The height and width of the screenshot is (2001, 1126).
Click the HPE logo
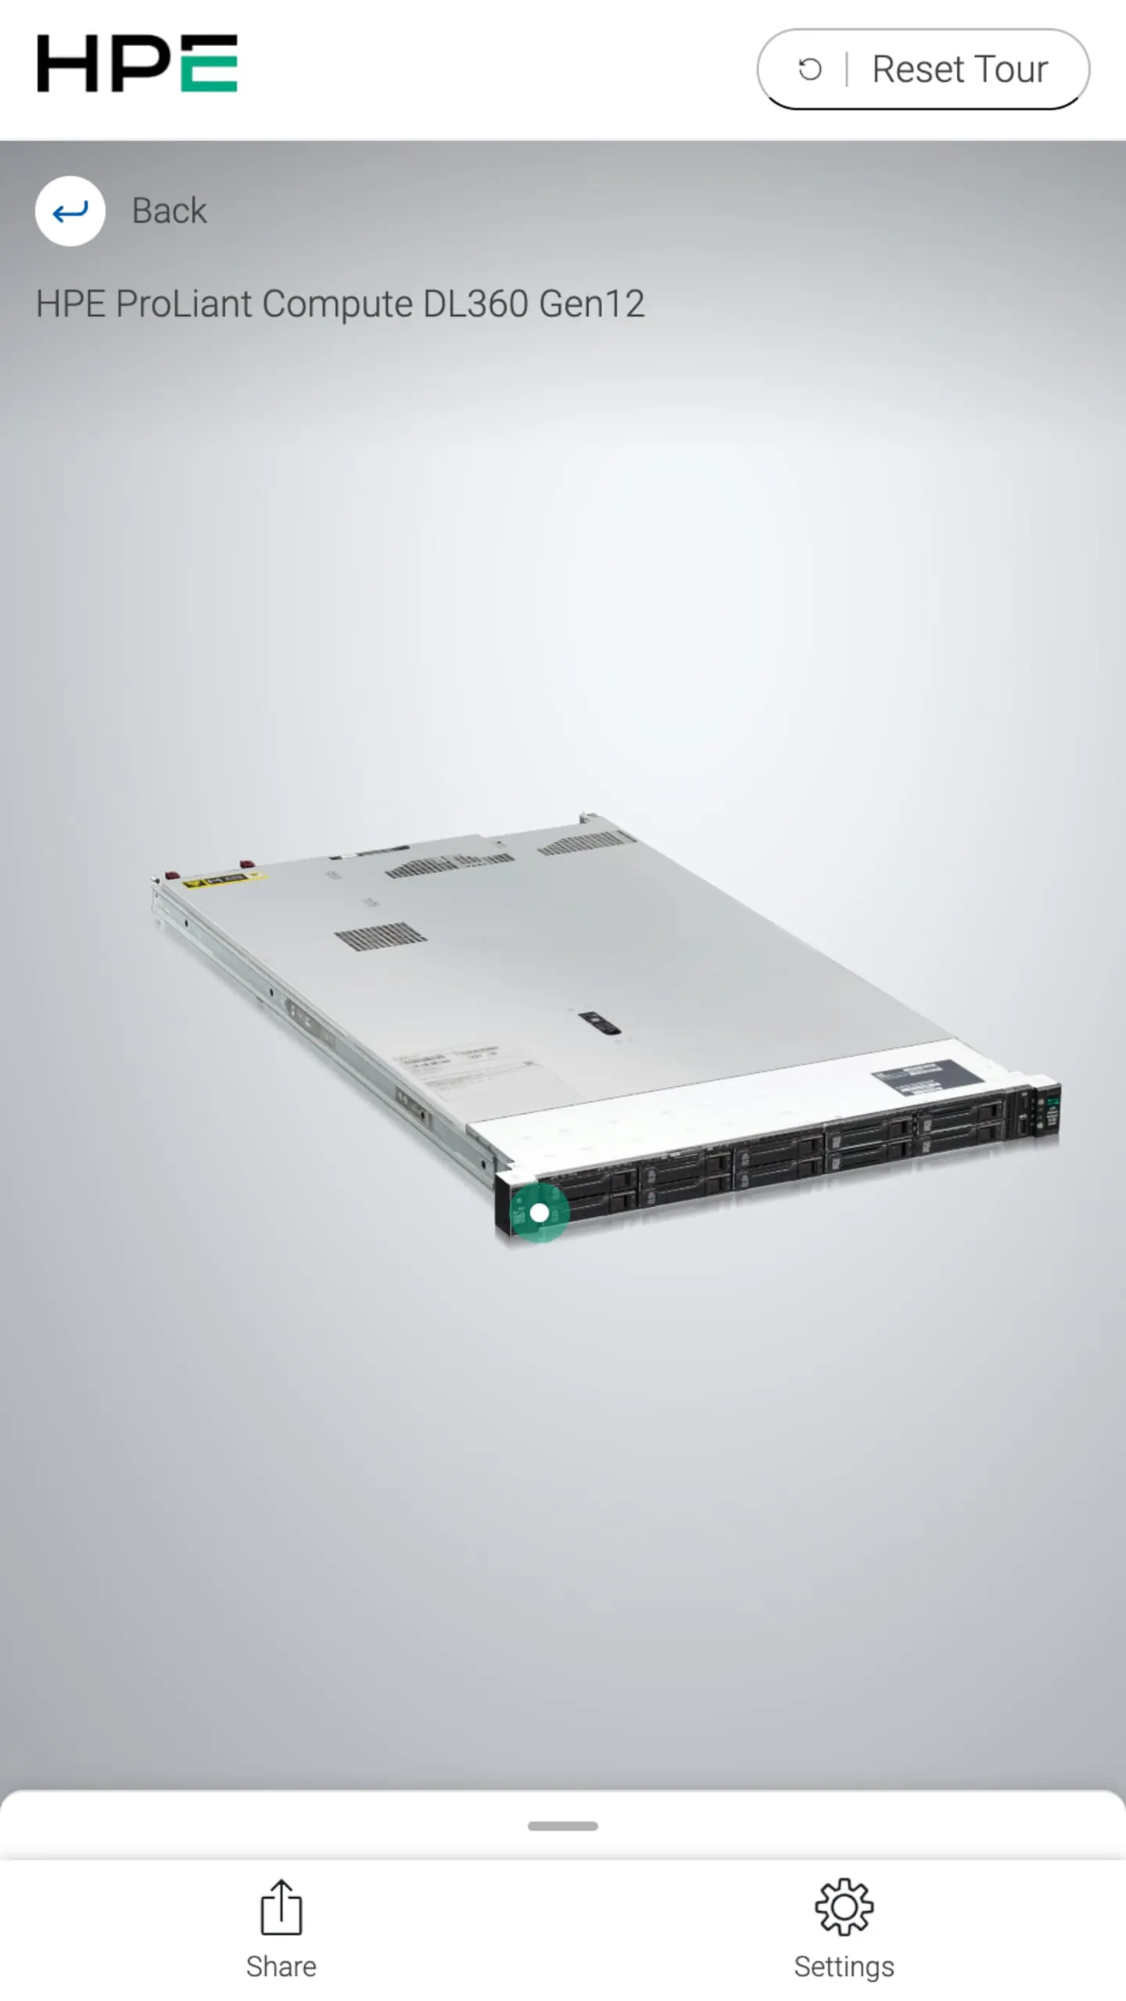point(137,63)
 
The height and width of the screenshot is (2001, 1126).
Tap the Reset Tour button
point(923,69)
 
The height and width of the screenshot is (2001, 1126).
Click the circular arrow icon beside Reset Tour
point(809,70)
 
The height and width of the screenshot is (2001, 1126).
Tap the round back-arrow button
point(70,211)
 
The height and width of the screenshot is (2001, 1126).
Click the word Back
point(169,211)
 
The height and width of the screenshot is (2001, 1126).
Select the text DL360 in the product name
point(475,303)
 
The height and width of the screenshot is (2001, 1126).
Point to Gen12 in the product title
point(591,303)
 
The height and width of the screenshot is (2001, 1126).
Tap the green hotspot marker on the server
point(539,1212)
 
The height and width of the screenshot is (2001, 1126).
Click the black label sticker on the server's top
point(927,1077)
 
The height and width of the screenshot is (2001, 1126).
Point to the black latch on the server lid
point(600,1023)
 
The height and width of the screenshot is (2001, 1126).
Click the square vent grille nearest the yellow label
point(380,936)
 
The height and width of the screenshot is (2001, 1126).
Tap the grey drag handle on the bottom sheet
point(563,1826)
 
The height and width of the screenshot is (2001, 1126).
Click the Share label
point(281,1967)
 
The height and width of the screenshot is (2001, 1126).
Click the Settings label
point(844,1967)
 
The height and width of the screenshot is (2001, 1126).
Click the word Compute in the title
point(337,303)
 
